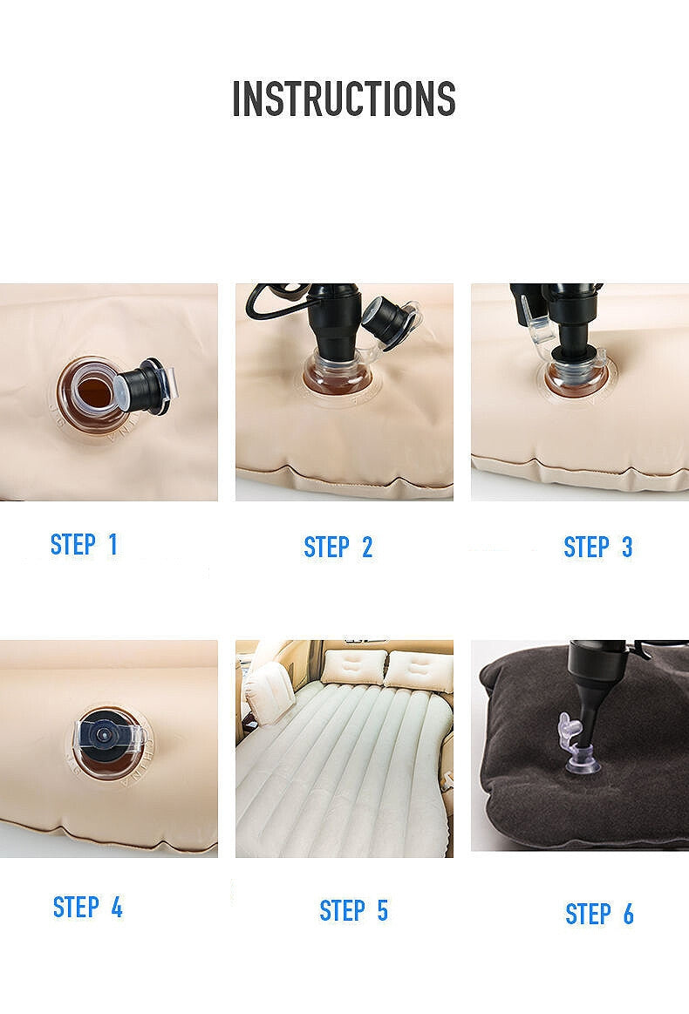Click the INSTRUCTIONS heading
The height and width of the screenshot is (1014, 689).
pyautogui.click(x=344, y=99)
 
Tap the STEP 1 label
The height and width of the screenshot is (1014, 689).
pyautogui.click(x=84, y=545)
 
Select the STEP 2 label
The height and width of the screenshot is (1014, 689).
pyautogui.click(x=338, y=547)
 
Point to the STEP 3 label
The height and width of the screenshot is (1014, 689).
pyautogui.click(x=597, y=547)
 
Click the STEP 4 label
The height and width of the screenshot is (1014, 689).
pyautogui.click(x=87, y=908)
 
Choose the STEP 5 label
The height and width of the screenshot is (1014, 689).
pyautogui.click(x=354, y=910)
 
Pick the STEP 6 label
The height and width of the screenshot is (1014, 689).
pyautogui.click(x=599, y=914)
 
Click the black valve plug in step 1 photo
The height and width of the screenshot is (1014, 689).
pyautogui.click(x=146, y=387)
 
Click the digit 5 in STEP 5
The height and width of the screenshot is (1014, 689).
pyautogui.click(x=382, y=910)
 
